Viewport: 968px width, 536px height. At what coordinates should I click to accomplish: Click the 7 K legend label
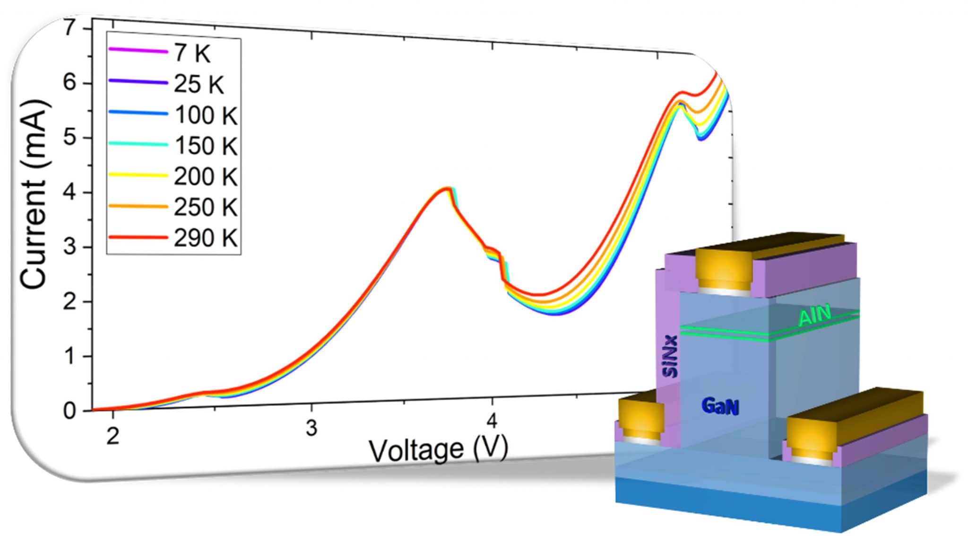click(192, 53)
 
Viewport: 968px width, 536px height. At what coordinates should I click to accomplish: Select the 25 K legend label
click(199, 84)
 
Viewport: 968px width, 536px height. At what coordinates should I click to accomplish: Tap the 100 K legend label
click(206, 115)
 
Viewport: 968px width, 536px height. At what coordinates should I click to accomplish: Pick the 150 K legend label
click(206, 146)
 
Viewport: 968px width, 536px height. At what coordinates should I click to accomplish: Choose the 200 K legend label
click(206, 176)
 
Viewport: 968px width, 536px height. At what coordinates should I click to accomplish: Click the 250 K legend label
click(206, 207)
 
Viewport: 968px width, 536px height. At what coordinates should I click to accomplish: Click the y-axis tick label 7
click(69, 29)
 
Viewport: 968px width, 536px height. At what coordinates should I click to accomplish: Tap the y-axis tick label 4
click(69, 193)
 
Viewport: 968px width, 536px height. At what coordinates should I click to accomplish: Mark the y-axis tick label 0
click(69, 411)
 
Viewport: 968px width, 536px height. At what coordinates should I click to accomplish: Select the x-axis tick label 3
click(311, 428)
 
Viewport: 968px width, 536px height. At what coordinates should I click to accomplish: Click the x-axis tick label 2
click(112, 436)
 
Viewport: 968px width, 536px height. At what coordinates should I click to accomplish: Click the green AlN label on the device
click(814, 316)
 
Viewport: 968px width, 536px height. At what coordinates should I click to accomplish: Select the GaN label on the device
click(720, 406)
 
